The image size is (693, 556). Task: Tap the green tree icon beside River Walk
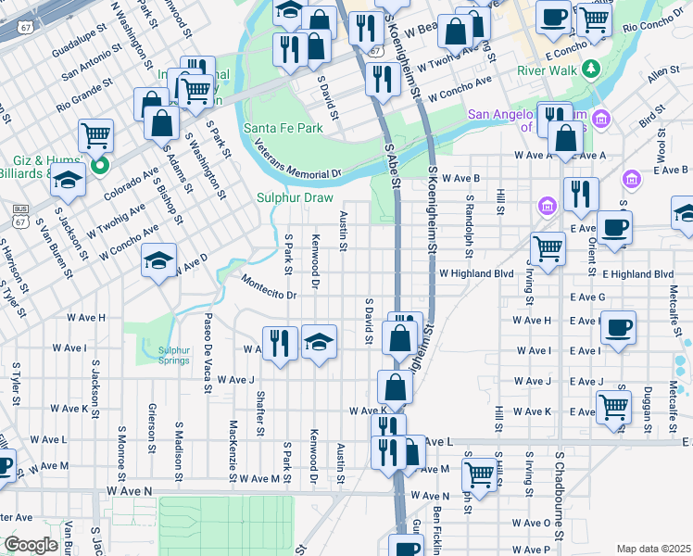point(588,69)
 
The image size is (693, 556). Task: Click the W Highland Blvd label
point(475,273)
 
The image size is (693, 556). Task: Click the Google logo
point(31,545)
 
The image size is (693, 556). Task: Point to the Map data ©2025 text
point(653,549)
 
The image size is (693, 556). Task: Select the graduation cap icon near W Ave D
point(158,261)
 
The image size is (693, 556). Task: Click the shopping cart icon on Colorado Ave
point(96,137)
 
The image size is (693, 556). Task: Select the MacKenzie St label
point(232,443)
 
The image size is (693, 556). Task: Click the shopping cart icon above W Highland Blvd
point(548,248)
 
